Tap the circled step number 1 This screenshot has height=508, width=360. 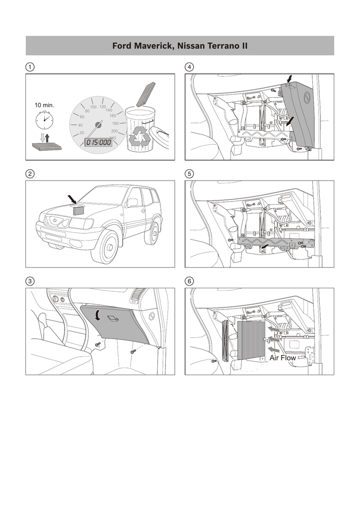point(30,67)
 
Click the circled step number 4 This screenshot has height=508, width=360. point(189,67)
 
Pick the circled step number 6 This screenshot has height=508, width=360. point(189,281)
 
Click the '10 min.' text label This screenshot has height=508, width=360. point(44,105)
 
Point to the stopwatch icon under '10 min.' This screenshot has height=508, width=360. point(44,120)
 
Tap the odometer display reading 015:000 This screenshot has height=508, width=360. point(99,142)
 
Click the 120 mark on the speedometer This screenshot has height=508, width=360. point(103,107)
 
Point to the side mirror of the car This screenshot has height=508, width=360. point(132,203)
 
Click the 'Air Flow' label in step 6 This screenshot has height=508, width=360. point(283,358)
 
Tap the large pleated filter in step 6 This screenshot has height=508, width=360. point(251,340)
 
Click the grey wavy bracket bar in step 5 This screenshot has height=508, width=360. point(276,242)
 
